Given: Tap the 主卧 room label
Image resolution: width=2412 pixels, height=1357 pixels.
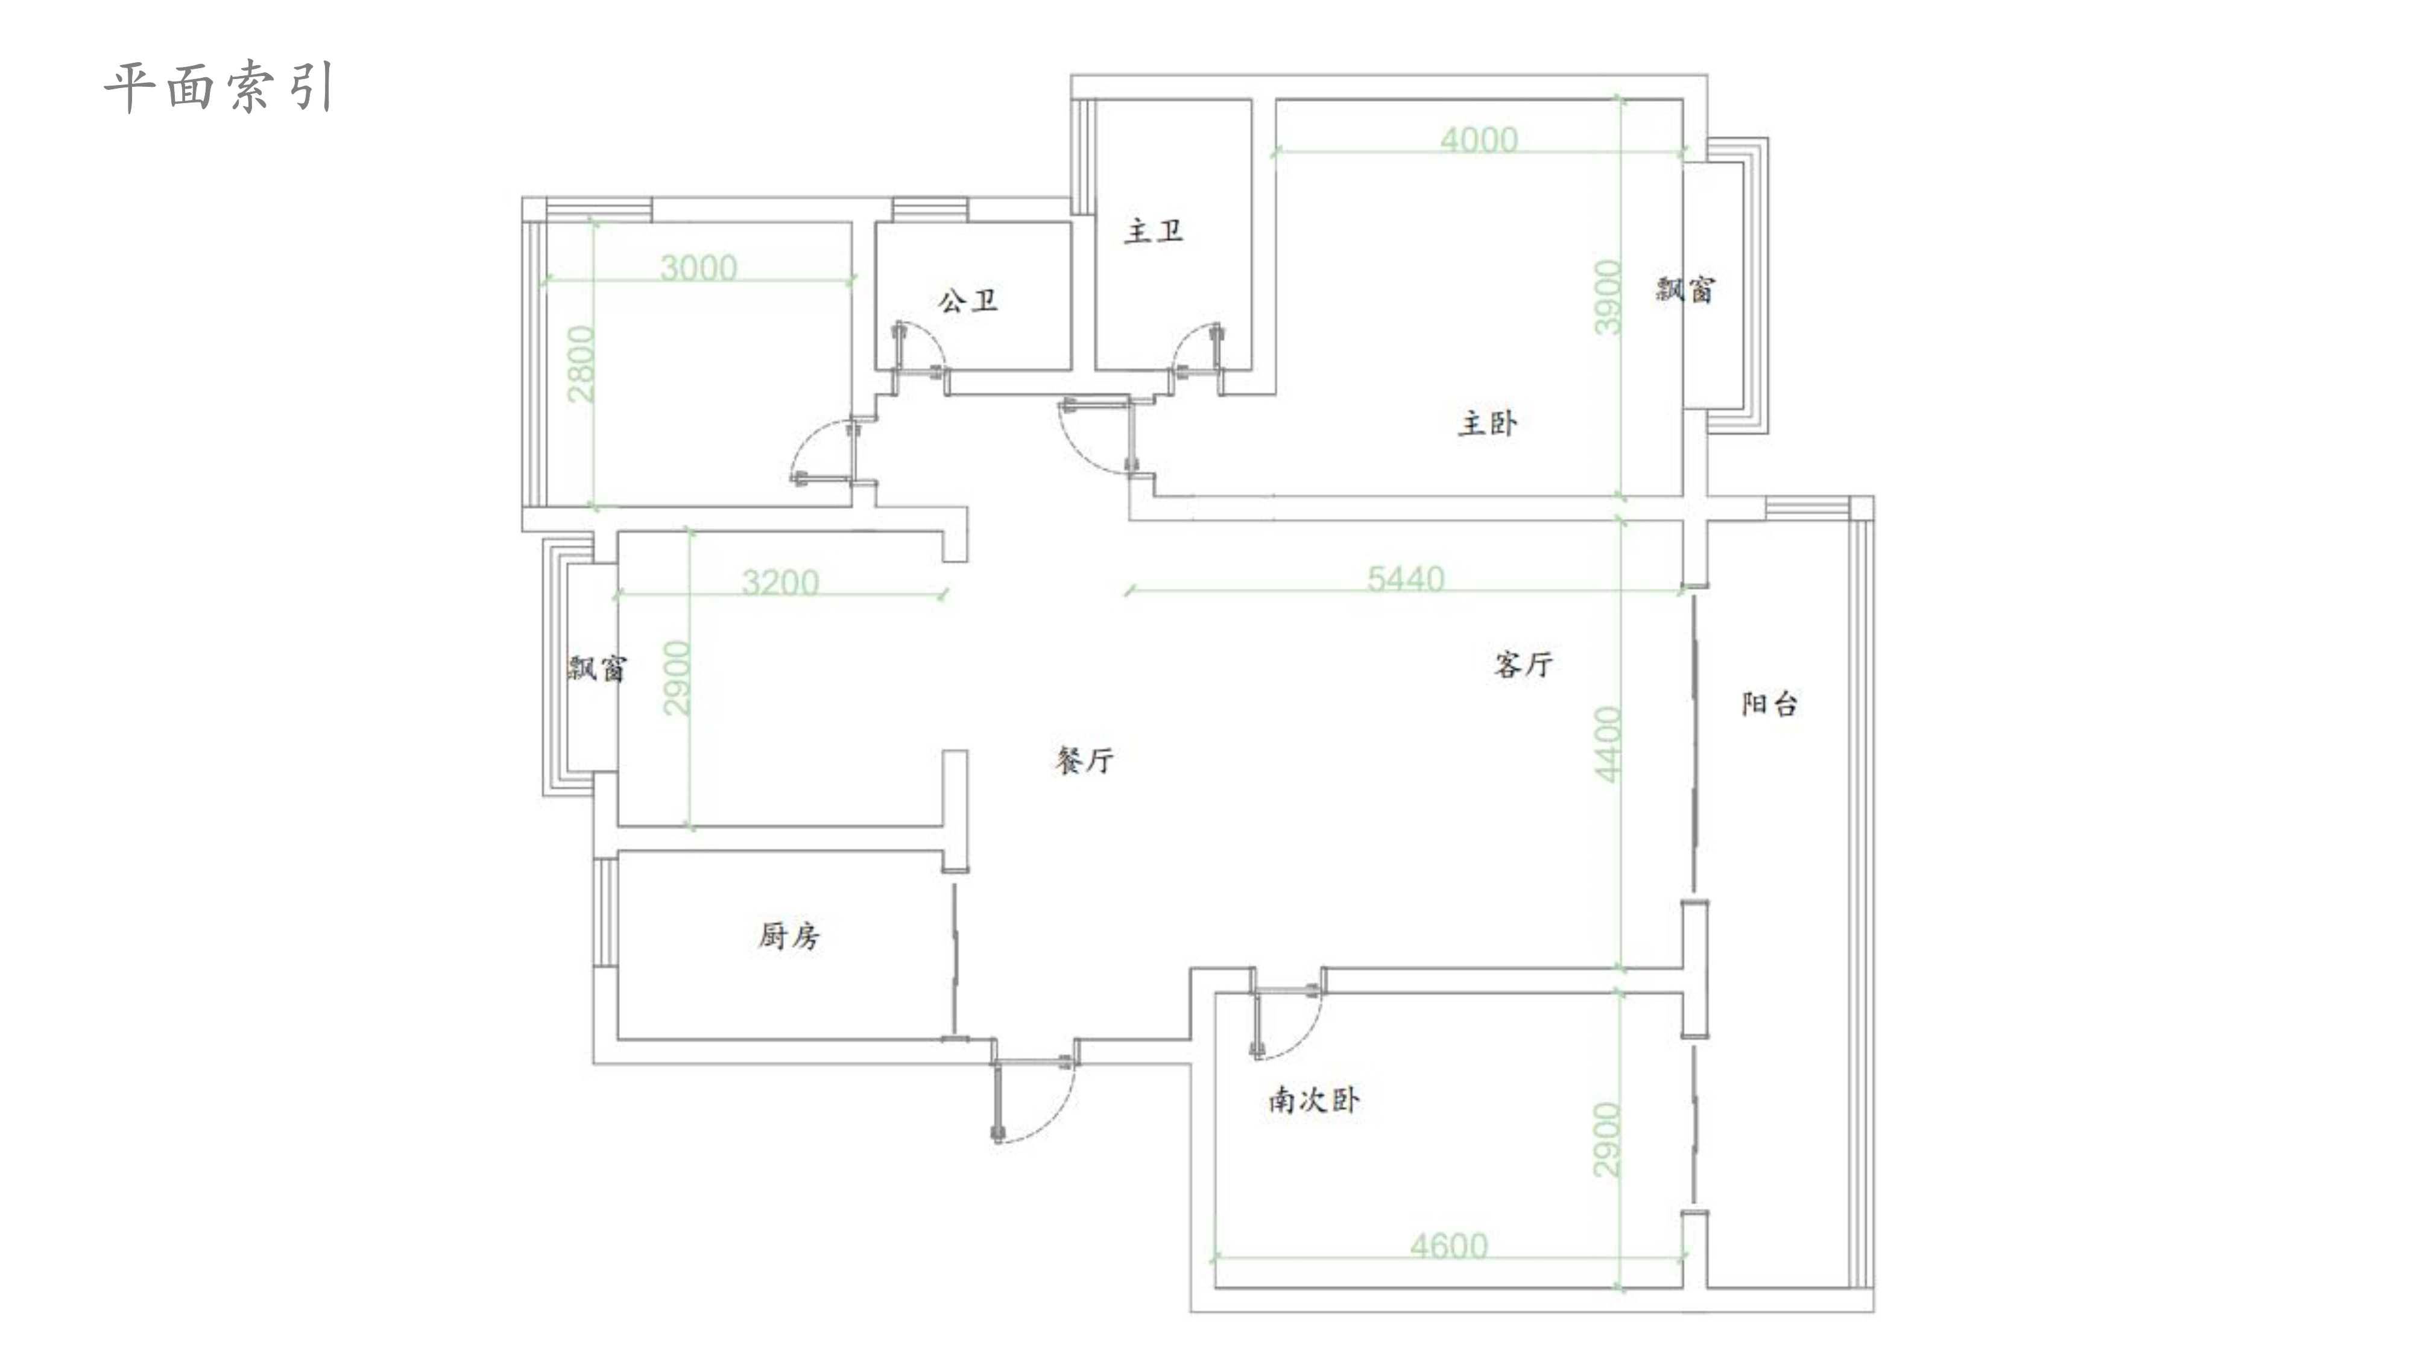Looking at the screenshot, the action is [1488, 423].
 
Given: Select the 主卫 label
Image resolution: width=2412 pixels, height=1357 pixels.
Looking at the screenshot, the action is [1154, 230].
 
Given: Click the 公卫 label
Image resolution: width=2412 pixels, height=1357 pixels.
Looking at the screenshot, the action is [968, 300].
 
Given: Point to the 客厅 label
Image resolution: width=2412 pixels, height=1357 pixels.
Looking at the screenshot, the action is [1523, 664].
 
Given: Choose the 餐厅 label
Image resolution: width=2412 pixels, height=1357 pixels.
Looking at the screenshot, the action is [1084, 759].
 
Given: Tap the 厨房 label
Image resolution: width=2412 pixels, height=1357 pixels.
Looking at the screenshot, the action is [788, 935].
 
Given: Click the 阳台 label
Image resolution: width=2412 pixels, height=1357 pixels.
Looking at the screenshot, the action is [1769, 703].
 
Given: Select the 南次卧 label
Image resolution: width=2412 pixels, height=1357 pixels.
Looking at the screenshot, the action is [1313, 1099].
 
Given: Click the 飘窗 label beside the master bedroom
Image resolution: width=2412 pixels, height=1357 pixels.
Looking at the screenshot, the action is [1685, 289].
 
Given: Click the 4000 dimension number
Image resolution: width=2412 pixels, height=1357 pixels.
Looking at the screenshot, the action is [1479, 139].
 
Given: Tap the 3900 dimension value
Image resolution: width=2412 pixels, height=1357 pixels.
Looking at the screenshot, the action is [1607, 297].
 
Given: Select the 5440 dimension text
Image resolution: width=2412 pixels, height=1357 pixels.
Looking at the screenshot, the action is [1406, 579].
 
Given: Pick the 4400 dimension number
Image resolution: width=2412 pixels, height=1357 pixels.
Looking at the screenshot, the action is [1607, 744].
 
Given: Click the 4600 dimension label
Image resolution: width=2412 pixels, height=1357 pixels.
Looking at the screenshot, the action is [1448, 1245].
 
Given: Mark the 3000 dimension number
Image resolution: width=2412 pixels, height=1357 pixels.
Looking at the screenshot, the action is [698, 268].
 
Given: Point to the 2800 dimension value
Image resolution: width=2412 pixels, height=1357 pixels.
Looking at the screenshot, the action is [581, 363].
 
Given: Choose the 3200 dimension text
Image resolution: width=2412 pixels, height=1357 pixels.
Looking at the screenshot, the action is [780, 583].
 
